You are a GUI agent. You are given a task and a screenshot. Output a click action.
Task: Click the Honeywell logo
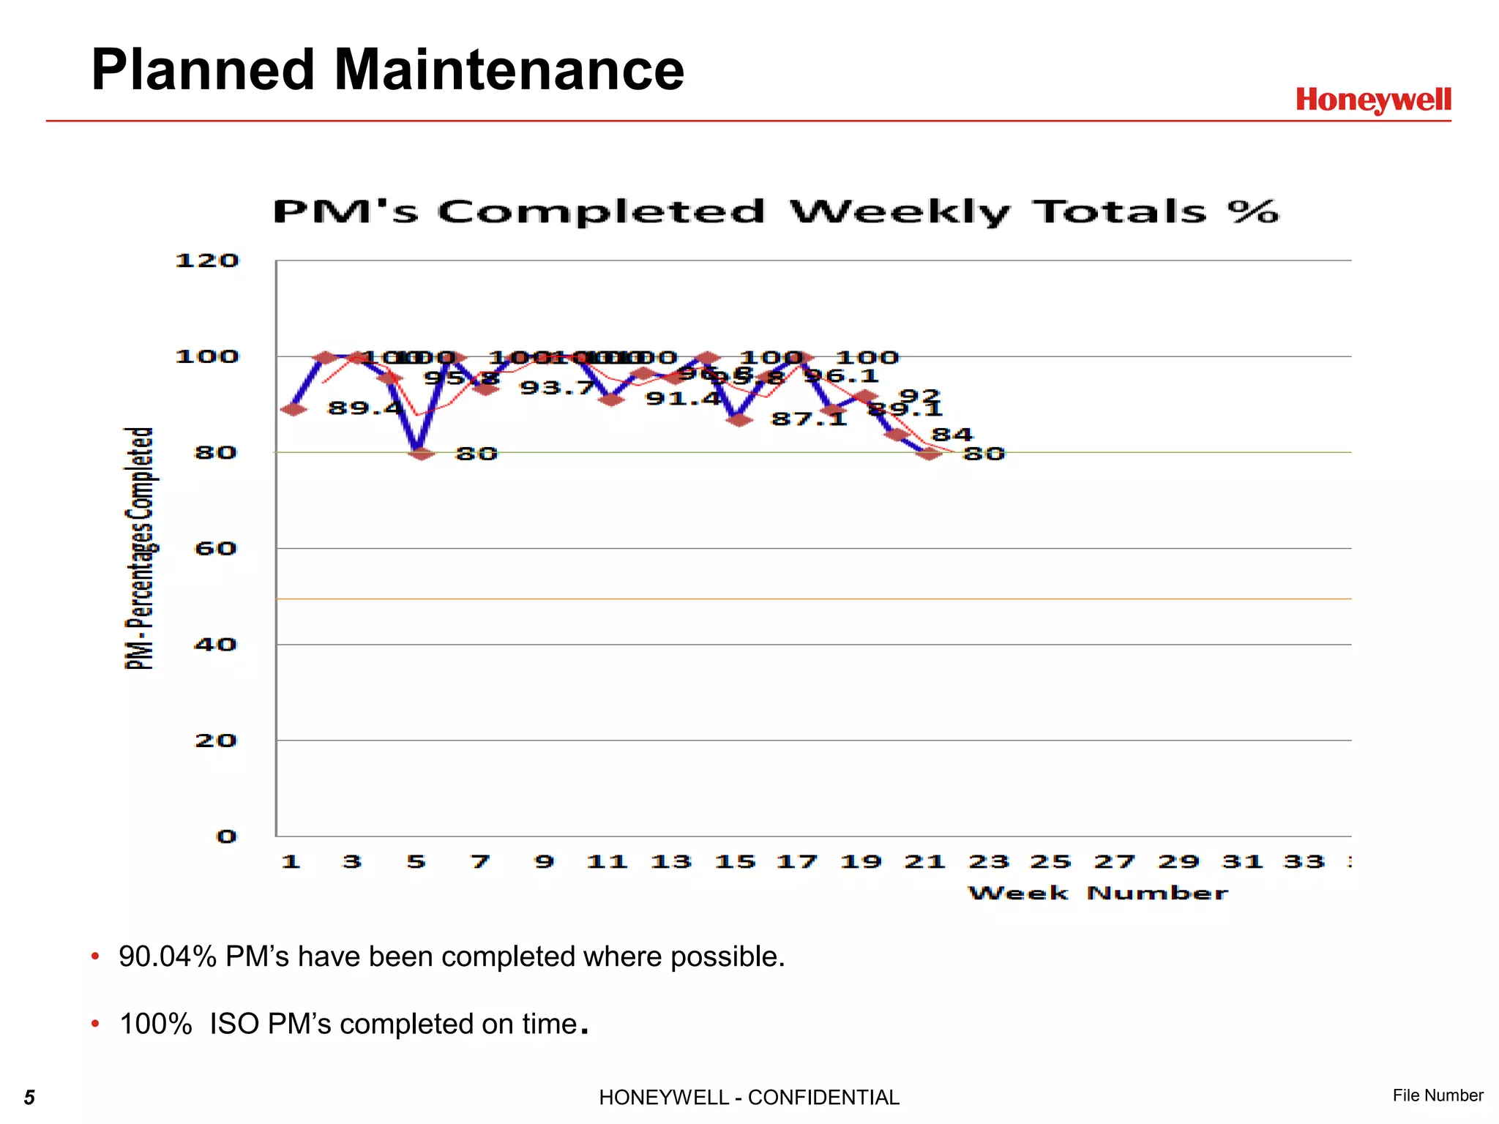tap(1373, 100)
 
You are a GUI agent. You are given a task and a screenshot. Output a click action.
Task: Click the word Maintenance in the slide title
tap(509, 70)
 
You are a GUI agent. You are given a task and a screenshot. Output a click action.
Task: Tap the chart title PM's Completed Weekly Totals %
tap(775, 212)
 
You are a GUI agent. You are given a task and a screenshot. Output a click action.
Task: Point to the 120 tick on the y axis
tap(207, 261)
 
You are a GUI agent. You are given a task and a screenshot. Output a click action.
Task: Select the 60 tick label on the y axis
tap(215, 549)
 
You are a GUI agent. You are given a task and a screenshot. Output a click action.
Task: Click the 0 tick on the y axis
tap(226, 836)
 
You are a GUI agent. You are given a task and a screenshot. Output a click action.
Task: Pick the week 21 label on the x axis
tap(924, 862)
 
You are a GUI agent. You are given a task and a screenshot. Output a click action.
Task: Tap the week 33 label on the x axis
tap(1304, 862)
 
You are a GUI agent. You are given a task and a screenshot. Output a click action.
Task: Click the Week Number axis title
tap(1098, 893)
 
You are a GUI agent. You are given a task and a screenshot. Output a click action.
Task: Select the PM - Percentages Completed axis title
tap(139, 549)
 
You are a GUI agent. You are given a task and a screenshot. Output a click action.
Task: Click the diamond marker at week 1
tap(294, 408)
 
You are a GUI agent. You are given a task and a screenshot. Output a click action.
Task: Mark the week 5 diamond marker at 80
tap(420, 454)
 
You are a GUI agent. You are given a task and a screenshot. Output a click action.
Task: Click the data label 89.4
tap(365, 408)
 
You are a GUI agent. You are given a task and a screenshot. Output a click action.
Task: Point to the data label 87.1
tap(808, 419)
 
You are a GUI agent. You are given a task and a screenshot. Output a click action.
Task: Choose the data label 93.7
tap(557, 388)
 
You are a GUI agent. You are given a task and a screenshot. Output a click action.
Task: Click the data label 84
tap(952, 435)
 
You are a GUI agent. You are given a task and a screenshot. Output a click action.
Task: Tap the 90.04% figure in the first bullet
tap(168, 956)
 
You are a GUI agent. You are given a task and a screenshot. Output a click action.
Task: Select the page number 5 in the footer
tap(29, 1097)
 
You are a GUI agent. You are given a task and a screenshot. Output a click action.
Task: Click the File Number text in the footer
tap(1438, 1095)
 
